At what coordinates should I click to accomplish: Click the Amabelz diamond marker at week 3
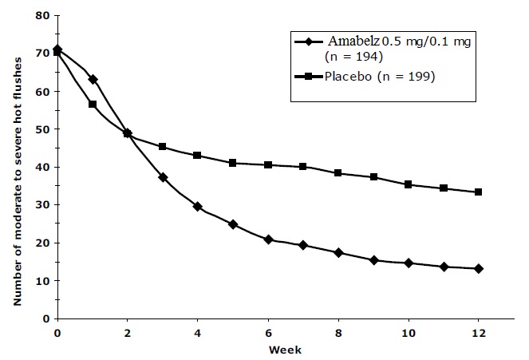163,177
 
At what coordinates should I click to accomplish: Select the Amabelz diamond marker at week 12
478,269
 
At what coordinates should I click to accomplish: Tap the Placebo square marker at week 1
93,105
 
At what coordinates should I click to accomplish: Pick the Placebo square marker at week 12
478,192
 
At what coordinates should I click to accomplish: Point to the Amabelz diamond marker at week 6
268,239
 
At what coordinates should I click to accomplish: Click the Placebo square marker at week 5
233,163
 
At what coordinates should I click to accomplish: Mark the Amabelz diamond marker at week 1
93,79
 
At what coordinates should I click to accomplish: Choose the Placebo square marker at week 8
338,173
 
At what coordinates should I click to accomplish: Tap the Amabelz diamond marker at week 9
373,260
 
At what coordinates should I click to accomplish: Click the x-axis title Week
268,350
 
